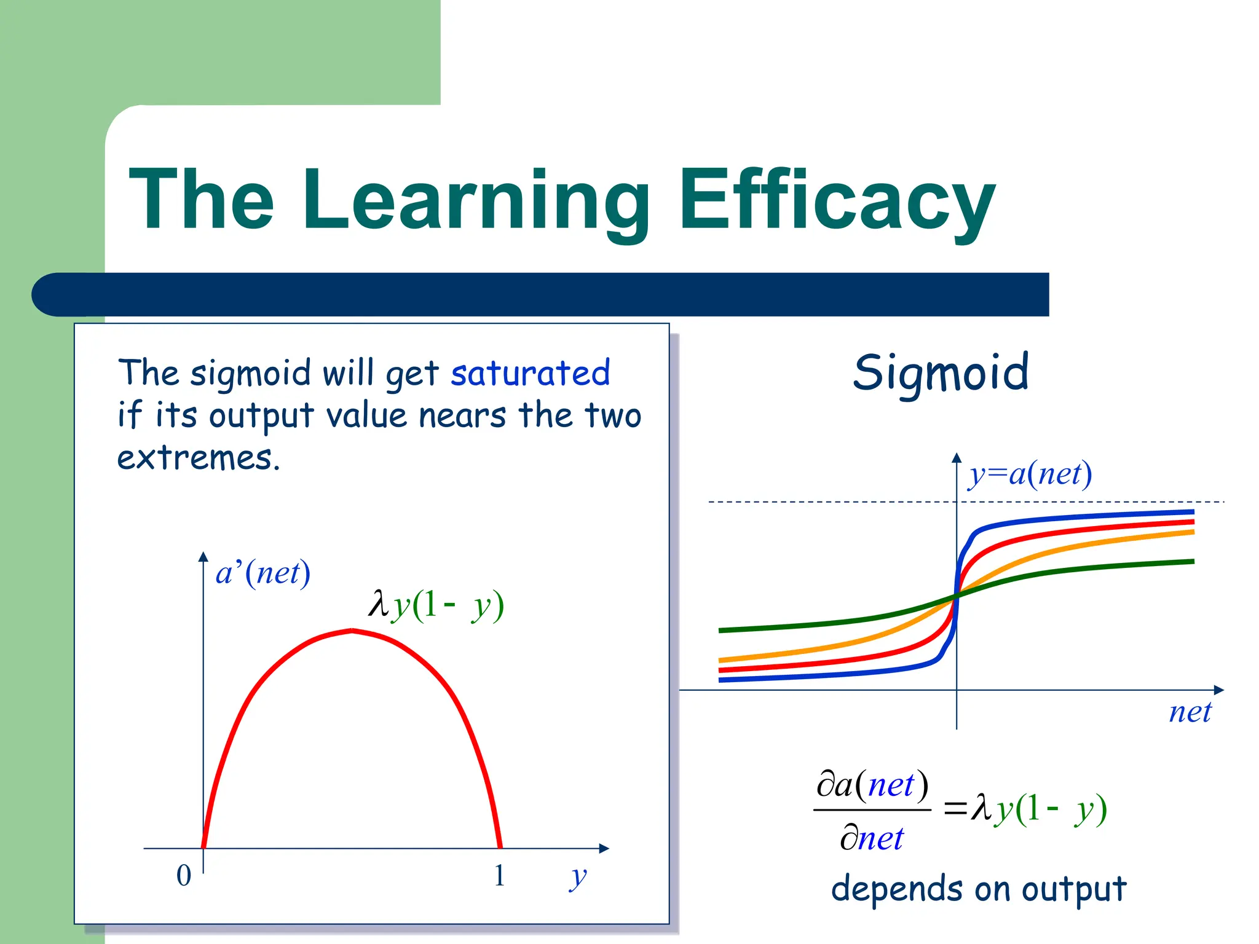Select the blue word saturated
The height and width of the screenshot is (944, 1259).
530,373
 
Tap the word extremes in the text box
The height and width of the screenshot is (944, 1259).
198,458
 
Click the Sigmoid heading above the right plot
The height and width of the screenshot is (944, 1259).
941,373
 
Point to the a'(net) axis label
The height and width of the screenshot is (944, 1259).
263,573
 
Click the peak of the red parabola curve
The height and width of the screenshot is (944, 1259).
352,631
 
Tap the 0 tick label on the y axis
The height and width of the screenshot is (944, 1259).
184,875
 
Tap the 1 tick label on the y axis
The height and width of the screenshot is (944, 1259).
499,875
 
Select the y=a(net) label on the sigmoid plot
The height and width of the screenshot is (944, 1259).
1030,474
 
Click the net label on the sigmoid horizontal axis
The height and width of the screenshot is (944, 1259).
1190,713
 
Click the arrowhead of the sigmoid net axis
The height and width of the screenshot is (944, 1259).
1219,690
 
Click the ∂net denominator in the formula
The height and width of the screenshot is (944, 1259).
872,838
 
